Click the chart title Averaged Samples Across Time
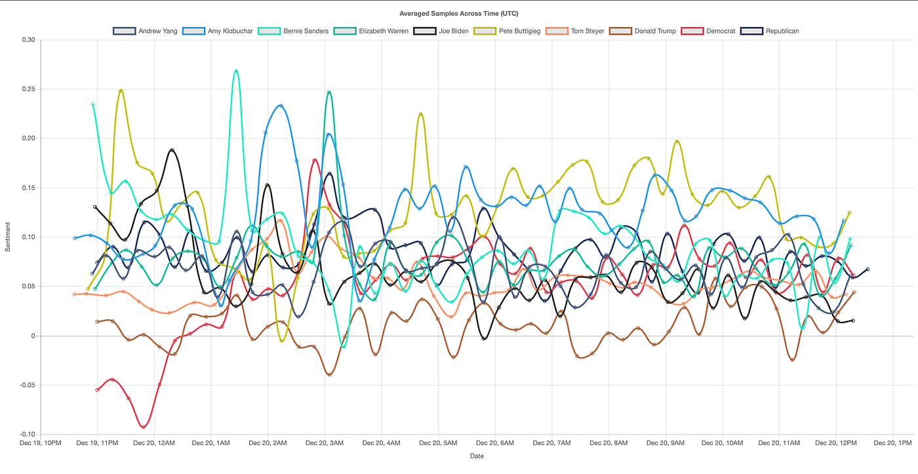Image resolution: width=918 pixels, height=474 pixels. point(458,13)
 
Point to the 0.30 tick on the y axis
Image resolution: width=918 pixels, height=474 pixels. point(28,40)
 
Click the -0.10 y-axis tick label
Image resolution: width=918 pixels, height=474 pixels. point(27,434)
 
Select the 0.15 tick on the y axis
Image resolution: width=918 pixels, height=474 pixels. point(28,188)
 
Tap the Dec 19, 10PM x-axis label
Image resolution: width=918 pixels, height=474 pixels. point(41,443)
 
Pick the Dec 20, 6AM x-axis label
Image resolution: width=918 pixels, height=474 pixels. point(495,443)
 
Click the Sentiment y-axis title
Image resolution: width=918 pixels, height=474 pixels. point(8,237)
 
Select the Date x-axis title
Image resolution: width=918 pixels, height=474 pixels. point(477,456)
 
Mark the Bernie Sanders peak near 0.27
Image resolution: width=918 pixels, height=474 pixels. point(236,71)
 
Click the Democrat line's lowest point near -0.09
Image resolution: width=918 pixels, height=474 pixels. point(144,427)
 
